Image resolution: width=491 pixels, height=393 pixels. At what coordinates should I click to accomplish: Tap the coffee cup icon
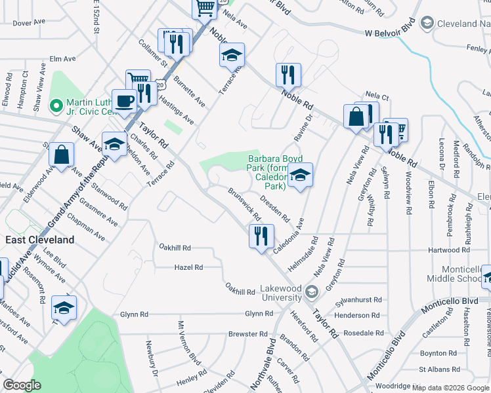click(x=123, y=102)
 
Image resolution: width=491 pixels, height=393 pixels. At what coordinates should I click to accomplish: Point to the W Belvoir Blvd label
click(x=390, y=31)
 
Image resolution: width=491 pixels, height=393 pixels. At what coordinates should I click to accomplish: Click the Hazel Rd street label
click(x=188, y=267)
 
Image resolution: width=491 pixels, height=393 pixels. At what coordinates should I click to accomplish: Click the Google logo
click(x=22, y=386)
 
